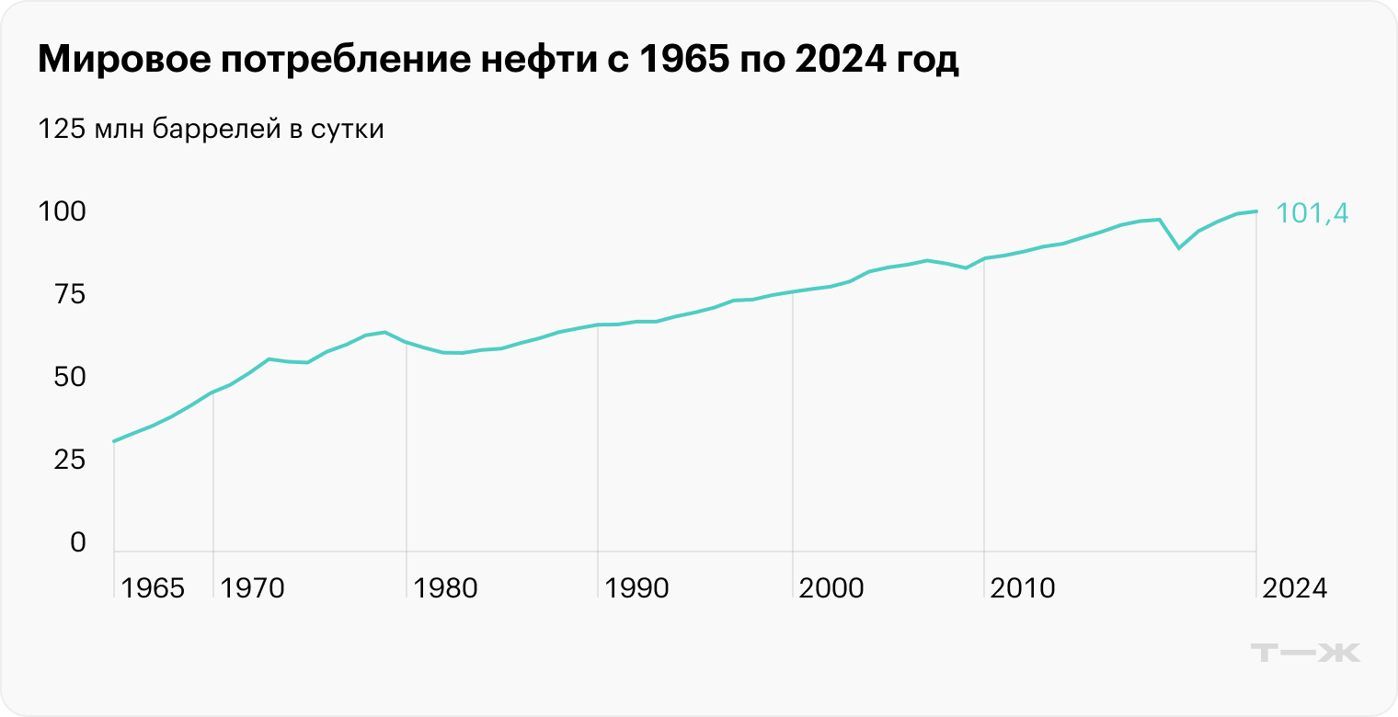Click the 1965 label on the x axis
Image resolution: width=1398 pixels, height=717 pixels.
(x=153, y=588)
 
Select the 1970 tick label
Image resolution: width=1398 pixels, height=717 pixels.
(x=253, y=588)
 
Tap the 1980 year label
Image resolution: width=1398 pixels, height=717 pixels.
(x=446, y=588)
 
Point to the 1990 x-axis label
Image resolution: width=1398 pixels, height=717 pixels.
(x=637, y=588)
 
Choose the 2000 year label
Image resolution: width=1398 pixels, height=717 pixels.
(x=831, y=588)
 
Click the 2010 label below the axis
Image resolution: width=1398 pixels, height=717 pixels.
(x=1023, y=588)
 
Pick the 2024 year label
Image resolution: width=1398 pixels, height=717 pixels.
(x=1295, y=588)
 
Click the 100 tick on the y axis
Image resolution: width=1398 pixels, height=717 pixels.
(x=62, y=212)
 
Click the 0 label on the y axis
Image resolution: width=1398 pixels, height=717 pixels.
(x=77, y=543)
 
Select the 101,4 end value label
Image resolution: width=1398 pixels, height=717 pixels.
(x=1312, y=213)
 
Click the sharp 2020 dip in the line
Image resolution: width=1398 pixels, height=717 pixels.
(x=1179, y=247)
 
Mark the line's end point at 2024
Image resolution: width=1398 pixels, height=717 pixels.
(x=1256, y=211)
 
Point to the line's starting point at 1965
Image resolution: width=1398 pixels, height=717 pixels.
(x=114, y=441)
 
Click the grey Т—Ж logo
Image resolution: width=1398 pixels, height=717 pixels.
(x=1306, y=653)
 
